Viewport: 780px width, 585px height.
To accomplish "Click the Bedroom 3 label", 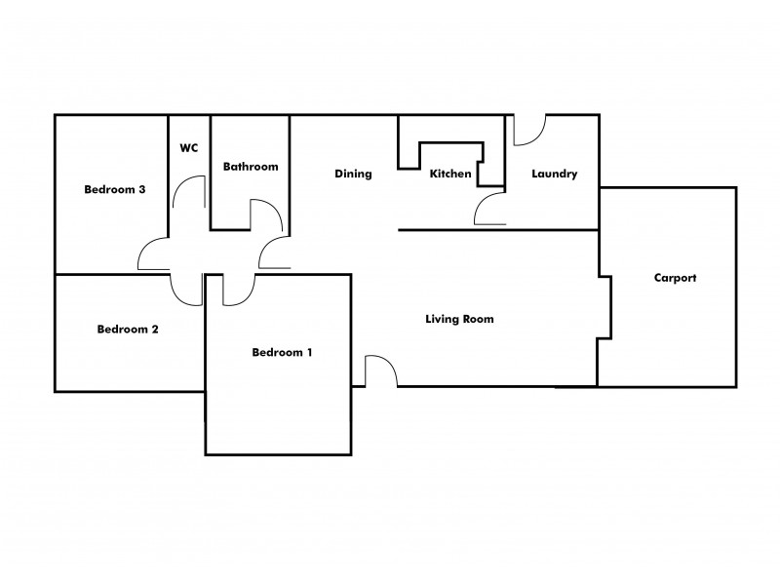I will [115, 189].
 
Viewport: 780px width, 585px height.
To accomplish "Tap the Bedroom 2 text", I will [128, 330].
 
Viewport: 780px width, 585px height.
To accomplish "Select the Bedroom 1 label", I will [282, 352].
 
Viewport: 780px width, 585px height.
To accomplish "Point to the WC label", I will [189, 148].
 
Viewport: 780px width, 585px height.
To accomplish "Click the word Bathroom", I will [251, 167].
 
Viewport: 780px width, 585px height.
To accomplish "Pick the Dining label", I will [353, 175].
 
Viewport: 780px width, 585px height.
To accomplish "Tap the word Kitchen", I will [450, 175].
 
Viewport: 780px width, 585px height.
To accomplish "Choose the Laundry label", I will [555, 175].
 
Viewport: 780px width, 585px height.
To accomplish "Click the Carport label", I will [675, 278].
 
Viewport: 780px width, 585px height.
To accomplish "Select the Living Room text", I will [459, 319].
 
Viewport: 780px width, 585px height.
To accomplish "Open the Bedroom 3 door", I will [154, 255].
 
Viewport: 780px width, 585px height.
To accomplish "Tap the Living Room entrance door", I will [381, 370].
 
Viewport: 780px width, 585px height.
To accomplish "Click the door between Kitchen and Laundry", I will [489, 208].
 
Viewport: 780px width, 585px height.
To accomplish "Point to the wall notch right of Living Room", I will [604, 307].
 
